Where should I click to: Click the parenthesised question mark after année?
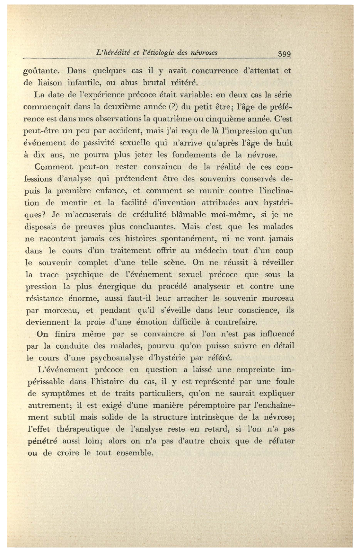point(171,107)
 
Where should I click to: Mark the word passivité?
point(93,143)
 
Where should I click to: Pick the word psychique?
point(84,275)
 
